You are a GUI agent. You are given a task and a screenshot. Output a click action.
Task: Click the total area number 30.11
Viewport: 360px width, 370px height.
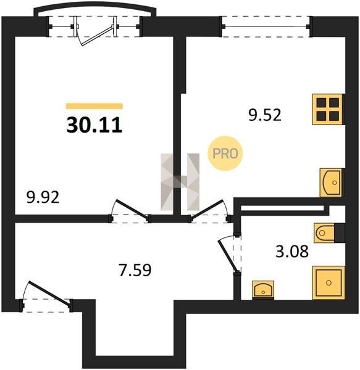point(94,125)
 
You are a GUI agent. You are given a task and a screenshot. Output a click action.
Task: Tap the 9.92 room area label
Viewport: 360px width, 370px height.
point(43,197)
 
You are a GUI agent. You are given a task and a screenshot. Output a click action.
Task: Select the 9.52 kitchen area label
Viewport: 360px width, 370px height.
point(265,115)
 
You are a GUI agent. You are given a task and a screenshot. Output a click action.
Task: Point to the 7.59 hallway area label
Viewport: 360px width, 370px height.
point(135,270)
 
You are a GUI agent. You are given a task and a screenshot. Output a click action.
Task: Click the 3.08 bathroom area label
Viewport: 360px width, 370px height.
point(292,252)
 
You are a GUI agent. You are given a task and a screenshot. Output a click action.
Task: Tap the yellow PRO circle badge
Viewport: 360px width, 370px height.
point(225,154)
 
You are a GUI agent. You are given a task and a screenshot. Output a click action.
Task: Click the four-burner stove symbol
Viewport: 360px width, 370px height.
point(328,109)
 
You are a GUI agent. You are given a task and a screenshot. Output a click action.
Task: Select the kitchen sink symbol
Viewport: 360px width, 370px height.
point(332,183)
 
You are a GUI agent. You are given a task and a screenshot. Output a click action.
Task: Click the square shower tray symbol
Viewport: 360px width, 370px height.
point(329,282)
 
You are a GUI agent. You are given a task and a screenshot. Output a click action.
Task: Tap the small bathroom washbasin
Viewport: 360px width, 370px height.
point(263,290)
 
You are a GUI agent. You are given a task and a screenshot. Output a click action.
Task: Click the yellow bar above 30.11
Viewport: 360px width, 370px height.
point(94,106)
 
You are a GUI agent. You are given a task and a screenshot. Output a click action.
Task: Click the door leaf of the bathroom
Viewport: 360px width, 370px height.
point(227,256)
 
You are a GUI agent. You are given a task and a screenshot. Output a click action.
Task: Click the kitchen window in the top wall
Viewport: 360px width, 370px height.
point(266,27)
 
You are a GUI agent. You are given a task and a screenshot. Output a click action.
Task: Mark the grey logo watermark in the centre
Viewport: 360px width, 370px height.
point(180,182)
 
